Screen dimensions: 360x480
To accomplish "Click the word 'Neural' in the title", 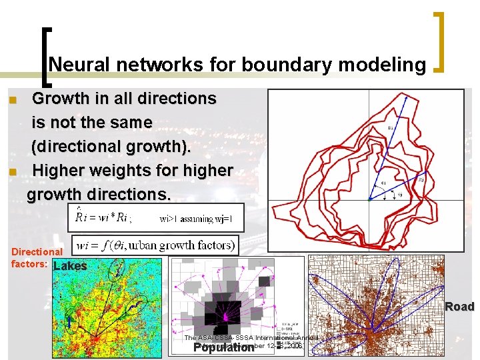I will click(74, 64).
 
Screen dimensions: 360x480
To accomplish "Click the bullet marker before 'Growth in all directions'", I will click(11, 100).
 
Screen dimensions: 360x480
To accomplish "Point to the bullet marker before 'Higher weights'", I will click(11, 172).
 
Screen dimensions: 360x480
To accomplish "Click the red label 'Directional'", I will click(37, 252).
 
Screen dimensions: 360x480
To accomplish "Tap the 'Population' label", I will click(223, 347).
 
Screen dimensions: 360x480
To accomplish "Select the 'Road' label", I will click(459, 307).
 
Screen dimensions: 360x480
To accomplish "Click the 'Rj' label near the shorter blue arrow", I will click(421, 179).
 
